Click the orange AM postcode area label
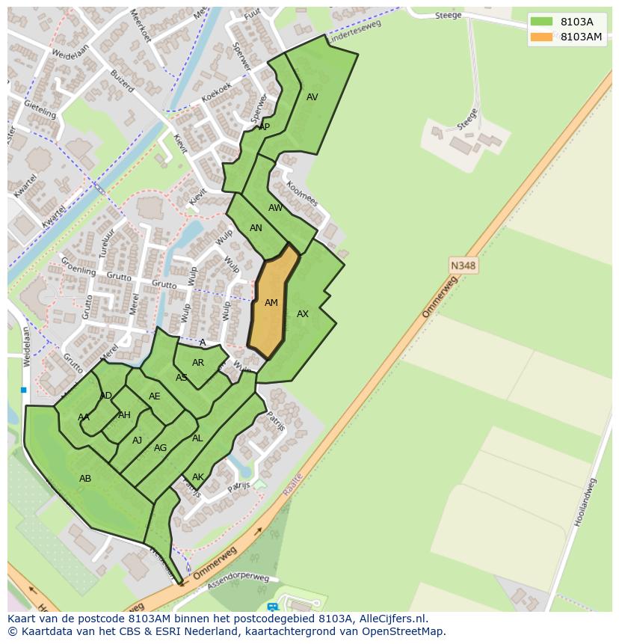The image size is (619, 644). click(x=271, y=303)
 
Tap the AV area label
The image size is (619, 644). click(x=312, y=97)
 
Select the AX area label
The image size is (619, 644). click(x=303, y=314)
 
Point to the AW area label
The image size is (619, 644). click(x=276, y=208)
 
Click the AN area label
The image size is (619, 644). click(x=256, y=228)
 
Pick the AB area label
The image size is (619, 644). click(x=85, y=478)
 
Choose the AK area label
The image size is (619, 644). click(x=198, y=477)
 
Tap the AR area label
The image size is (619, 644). click(x=198, y=363)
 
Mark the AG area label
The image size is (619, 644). click(x=160, y=448)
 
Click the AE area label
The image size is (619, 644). click(x=155, y=396)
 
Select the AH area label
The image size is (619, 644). click(x=124, y=415)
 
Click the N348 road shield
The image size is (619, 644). click(x=464, y=265)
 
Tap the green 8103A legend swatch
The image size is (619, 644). click(x=542, y=22)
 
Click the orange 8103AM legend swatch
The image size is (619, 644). click(x=542, y=37)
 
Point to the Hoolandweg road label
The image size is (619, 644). click(x=585, y=503)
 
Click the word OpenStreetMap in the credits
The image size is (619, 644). click(x=404, y=631)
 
